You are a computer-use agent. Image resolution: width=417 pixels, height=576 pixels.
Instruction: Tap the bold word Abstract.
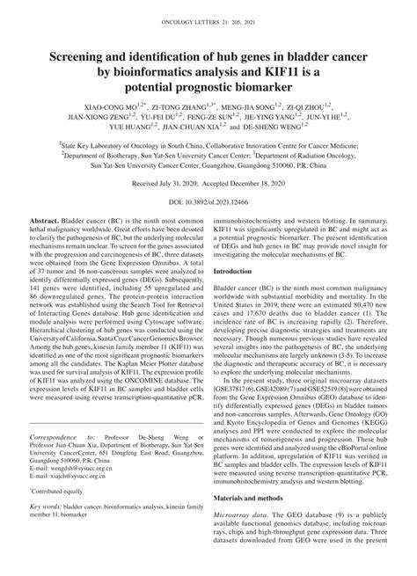pos(45,240)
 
